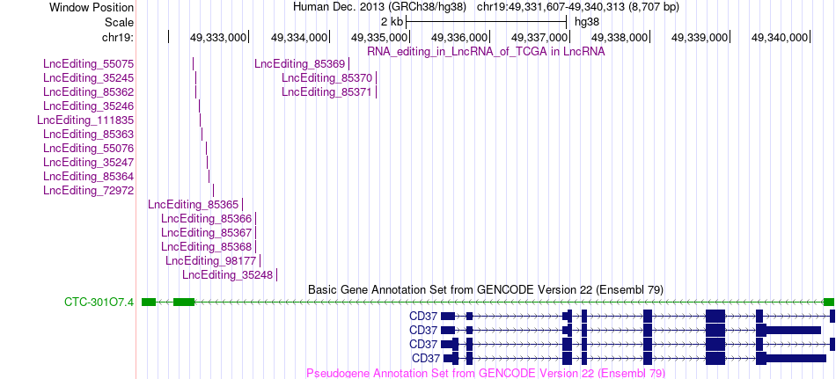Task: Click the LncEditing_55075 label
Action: (89, 64)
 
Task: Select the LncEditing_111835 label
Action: (86, 120)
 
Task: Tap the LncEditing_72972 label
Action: (89, 190)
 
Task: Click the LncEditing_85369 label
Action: (299, 64)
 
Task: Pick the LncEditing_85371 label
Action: (326, 91)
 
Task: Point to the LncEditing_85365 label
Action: (194, 204)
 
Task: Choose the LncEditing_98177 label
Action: (210, 260)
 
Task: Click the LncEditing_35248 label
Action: (228, 274)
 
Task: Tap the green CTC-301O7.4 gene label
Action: (99, 302)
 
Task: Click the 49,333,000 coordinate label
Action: (218, 37)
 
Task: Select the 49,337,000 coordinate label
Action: (539, 37)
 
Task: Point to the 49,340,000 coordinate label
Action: (780, 37)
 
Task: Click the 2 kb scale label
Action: (392, 22)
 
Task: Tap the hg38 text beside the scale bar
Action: (587, 22)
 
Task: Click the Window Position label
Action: (92, 7)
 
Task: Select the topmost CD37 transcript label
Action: (423, 317)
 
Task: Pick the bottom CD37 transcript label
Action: (426, 358)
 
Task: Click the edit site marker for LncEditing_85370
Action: (376, 78)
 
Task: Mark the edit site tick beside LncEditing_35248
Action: (276, 274)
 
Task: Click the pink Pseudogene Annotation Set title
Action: (486, 373)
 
